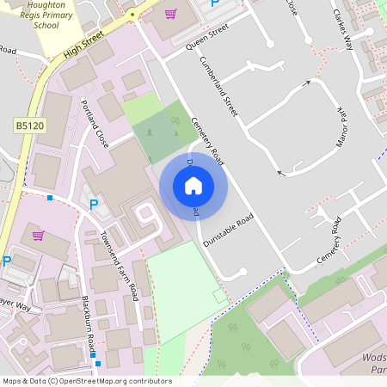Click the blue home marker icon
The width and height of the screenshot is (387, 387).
193,186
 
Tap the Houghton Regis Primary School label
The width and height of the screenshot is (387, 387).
35,15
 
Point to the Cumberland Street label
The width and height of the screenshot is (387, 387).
218,87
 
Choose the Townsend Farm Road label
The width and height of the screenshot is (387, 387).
120,267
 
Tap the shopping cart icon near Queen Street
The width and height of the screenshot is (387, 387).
170,14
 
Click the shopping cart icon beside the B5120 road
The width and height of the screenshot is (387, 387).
38,235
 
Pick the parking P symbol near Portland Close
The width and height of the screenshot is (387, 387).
94,205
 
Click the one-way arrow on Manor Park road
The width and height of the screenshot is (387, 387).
307,84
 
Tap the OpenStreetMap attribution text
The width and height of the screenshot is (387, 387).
86,381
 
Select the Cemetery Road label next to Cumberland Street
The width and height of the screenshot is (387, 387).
208,141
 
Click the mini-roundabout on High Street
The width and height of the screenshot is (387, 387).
132,15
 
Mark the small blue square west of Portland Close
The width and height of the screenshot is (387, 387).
50,198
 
